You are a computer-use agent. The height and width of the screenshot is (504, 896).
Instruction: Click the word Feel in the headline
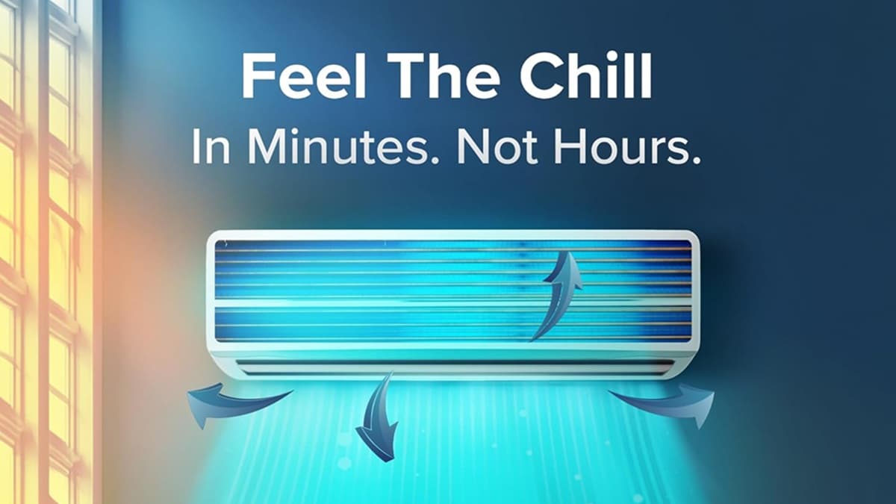tap(304, 76)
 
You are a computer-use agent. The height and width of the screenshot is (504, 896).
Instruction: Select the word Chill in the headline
tap(586, 76)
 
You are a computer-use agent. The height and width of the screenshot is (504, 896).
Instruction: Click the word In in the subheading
tap(211, 146)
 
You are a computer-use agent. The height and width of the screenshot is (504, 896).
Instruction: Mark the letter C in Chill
tap(540, 76)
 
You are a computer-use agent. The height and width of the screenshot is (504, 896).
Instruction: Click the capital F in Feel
tap(256, 76)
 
